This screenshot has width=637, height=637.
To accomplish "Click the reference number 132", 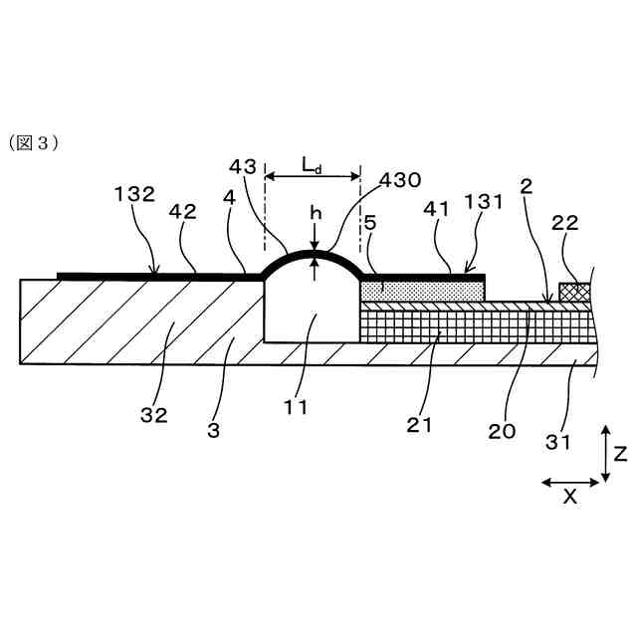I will click(x=134, y=194).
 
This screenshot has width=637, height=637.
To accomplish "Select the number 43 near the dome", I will click(x=242, y=165).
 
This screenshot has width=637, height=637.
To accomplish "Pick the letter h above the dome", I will click(x=314, y=212).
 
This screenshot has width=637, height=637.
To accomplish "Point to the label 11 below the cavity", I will click(x=296, y=405).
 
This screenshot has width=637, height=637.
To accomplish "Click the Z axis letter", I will click(x=620, y=454).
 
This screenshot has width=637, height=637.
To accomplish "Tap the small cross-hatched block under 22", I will click(x=572, y=292).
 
